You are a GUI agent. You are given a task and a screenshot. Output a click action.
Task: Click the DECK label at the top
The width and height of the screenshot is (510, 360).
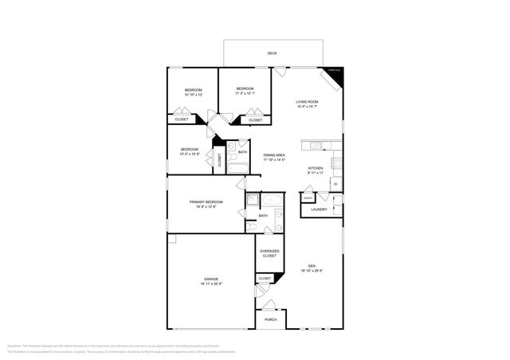pos(272,53)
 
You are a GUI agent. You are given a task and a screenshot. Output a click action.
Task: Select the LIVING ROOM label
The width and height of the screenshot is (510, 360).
pos(308,102)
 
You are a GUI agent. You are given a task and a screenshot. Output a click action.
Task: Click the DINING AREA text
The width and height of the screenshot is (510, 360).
pos(275,155)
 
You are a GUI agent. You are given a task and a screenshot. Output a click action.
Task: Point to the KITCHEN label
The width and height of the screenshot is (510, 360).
pos(316,169)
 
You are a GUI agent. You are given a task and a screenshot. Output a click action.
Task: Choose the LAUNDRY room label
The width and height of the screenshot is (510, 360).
pos(319,209)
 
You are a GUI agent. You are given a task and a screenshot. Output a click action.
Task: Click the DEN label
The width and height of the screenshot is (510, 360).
pos(312,266)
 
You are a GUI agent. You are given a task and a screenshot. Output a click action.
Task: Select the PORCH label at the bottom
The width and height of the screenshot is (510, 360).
pos(270,320)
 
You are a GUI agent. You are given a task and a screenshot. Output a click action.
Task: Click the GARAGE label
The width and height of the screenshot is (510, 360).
pos(211,279)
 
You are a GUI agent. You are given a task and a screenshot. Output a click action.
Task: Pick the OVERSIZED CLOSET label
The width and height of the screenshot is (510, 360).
pos(269,253)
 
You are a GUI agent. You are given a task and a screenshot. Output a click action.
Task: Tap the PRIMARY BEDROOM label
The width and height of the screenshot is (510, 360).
pos(206,202)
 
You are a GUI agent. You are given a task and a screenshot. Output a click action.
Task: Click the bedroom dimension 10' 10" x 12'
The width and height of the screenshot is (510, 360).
pos(193,95)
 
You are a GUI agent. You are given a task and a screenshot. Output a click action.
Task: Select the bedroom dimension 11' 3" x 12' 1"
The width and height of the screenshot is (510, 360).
pos(245,94)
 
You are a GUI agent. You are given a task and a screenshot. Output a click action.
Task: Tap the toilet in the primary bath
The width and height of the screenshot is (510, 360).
pos(252,227)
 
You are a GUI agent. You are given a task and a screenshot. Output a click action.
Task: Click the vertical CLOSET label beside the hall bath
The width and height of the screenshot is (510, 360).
pos(220,159)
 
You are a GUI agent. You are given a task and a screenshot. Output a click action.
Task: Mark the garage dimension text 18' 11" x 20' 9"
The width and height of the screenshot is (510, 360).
pos(211,284)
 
